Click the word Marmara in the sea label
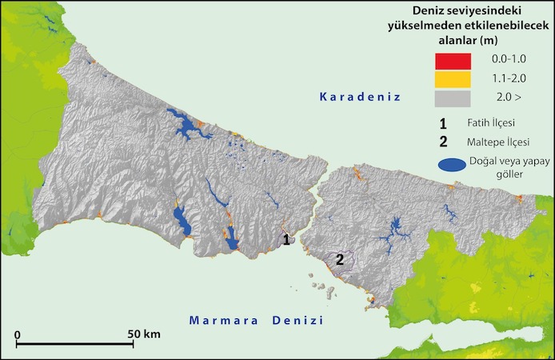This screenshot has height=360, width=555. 223,321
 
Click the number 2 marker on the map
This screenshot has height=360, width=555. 339,259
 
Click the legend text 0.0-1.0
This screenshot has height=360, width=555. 509,62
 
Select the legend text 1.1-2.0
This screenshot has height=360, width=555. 509,80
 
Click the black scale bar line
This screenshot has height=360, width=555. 75,345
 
